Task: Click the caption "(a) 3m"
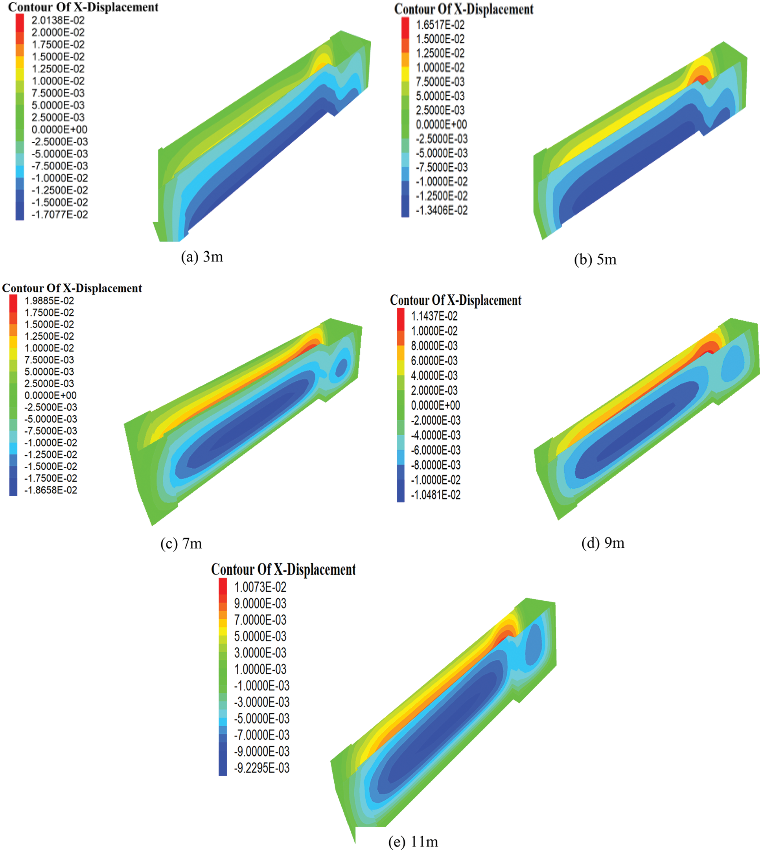click(x=202, y=257)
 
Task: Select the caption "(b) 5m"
click(x=595, y=259)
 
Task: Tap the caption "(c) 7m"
click(x=181, y=543)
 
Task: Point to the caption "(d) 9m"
click(x=603, y=543)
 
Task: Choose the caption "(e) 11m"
click(x=413, y=841)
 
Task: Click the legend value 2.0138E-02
click(x=58, y=20)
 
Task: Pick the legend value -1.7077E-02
click(x=59, y=215)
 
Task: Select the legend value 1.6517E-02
click(x=440, y=25)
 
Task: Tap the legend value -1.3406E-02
click(x=441, y=210)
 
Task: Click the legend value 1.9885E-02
click(x=49, y=301)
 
